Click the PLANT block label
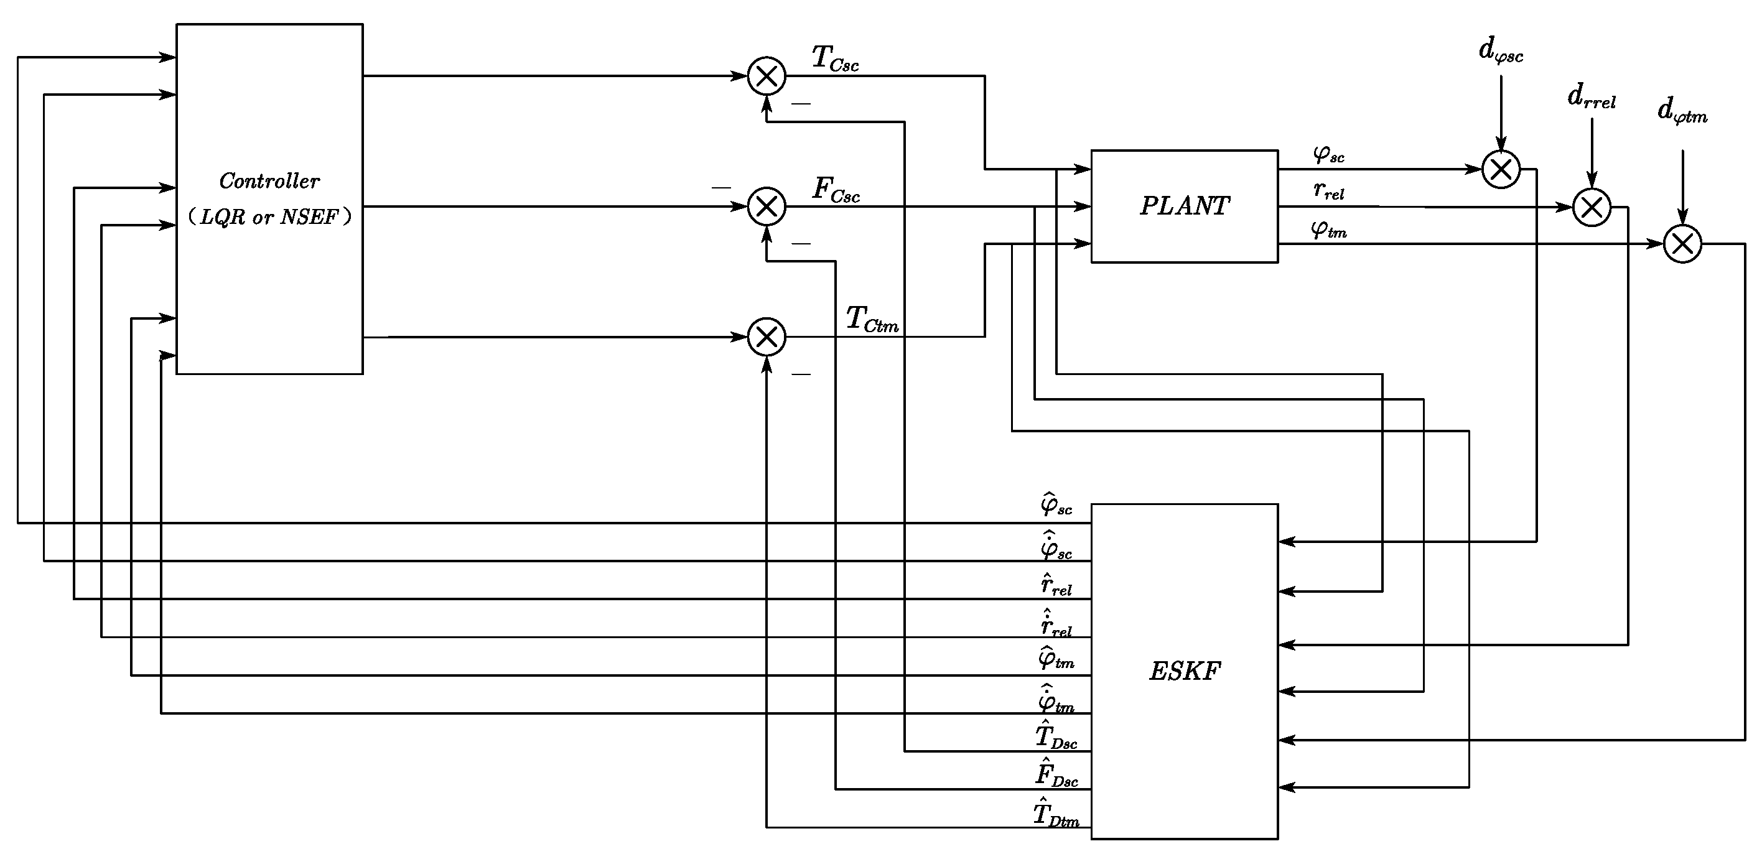point(1184,206)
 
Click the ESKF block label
point(1184,671)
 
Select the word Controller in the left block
point(269,181)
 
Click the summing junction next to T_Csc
point(766,76)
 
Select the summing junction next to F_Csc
point(766,206)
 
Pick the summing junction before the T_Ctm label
point(766,336)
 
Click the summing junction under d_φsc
point(1501,169)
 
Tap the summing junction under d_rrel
point(1592,207)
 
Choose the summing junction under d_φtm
point(1682,243)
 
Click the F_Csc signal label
point(835,190)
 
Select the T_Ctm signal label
point(872,319)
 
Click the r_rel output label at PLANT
point(1328,191)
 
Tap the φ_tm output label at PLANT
point(1328,229)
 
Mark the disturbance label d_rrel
point(1591,98)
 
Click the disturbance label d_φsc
point(1501,51)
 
